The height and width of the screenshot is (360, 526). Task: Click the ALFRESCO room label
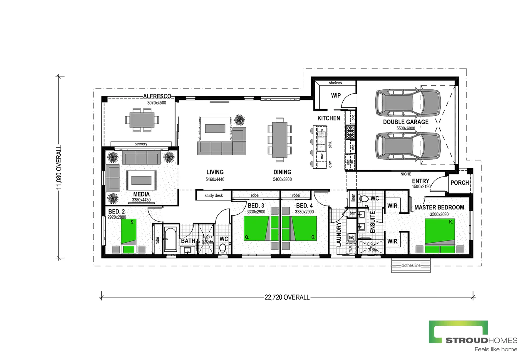pyautogui.click(x=157, y=96)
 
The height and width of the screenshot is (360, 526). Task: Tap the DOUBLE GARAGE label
pyautogui.click(x=406, y=122)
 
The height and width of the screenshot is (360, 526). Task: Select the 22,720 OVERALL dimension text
pyautogui.click(x=287, y=297)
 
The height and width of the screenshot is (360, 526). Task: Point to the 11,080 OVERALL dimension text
pyautogui.click(x=59, y=167)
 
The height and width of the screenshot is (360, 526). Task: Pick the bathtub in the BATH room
pyautogui.click(x=171, y=239)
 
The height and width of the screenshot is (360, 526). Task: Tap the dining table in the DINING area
pyautogui.click(x=279, y=140)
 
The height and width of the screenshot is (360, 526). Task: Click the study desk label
pyautogui.click(x=214, y=196)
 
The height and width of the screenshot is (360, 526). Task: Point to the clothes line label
pyautogui.click(x=411, y=266)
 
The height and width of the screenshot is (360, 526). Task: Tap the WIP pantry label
pyautogui.click(x=336, y=96)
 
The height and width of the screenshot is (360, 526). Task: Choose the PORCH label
pyautogui.click(x=460, y=183)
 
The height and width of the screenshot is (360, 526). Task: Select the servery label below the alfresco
pyautogui.click(x=141, y=144)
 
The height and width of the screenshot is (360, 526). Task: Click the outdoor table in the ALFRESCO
pyautogui.click(x=142, y=120)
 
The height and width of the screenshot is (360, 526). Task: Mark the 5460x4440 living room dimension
pyautogui.click(x=215, y=179)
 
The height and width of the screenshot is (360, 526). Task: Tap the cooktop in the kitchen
pyautogui.click(x=350, y=132)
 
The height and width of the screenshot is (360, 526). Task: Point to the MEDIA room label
pyautogui.click(x=141, y=194)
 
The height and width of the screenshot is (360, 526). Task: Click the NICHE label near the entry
pyautogui.click(x=406, y=174)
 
